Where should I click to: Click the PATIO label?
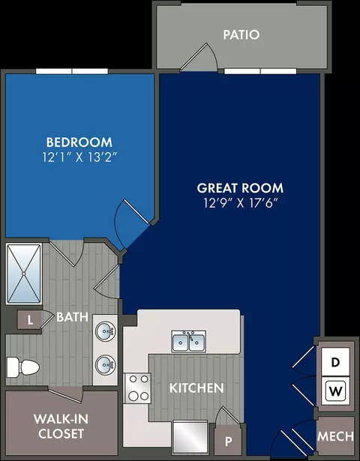click(x=241, y=34)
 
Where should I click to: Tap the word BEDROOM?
click(x=79, y=142)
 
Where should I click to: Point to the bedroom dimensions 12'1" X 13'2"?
click(x=78, y=157)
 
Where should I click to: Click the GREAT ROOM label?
click(x=240, y=188)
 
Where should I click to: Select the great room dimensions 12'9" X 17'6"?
click(x=241, y=203)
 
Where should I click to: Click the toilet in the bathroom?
click(x=23, y=367)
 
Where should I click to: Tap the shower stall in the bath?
click(x=24, y=274)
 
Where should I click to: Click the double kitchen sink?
click(x=189, y=341)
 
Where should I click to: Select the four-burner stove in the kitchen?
click(x=138, y=388)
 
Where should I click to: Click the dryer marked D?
click(x=335, y=362)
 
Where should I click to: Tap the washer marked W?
click(x=335, y=391)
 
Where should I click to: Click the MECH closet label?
click(x=335, y=436)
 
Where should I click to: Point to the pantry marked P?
click(x=228, y=441)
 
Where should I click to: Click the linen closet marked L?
click(x=30, y=319)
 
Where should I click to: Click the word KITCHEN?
click(x=196, y=388)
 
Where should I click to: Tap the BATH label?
click(x=72, y=317)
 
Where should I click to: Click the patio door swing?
click(x=199, y=57)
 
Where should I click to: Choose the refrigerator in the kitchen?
click(x=190, y=438)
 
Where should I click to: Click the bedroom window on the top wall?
click(x=72, y=71)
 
